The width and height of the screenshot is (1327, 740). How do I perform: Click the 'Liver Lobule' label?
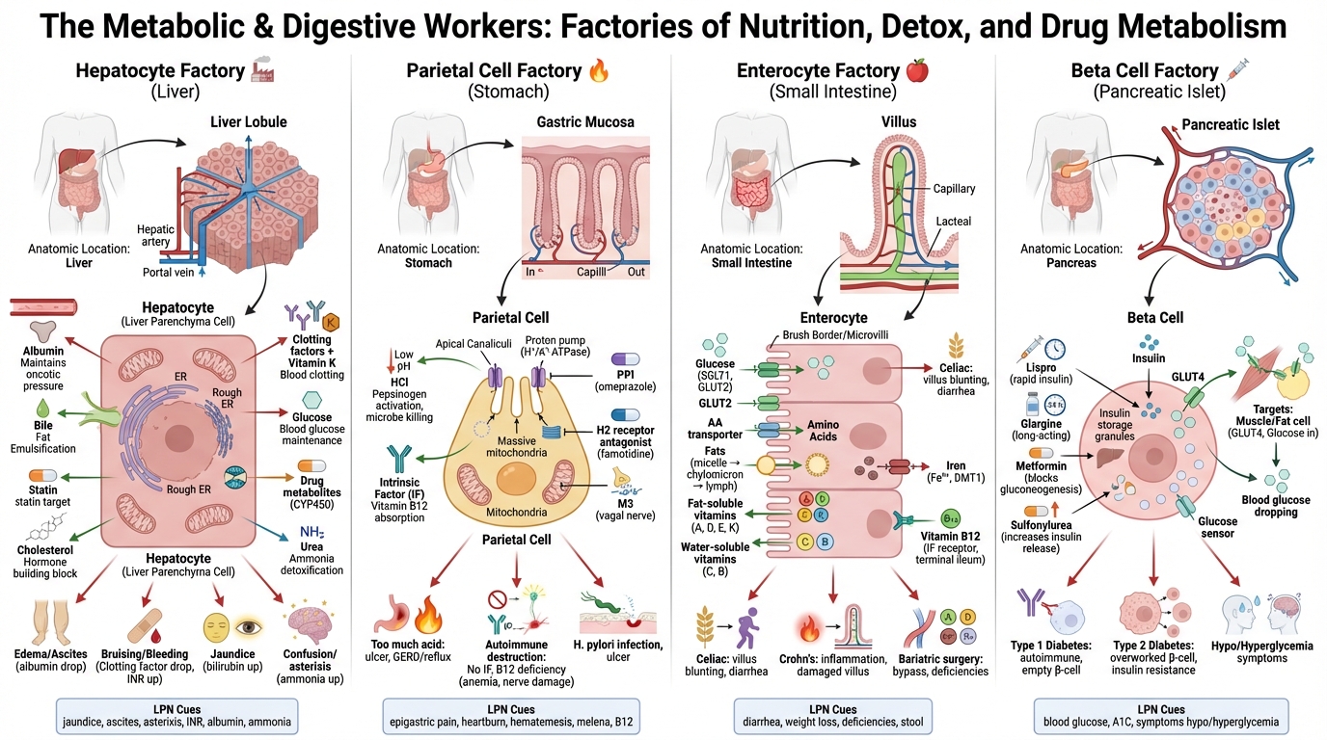pos(248,121)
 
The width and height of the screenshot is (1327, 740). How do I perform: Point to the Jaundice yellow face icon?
pos(217,627)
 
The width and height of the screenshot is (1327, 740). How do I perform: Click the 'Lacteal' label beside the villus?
pos(953,222)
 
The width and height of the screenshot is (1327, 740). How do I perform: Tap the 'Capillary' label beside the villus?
pos(954,189)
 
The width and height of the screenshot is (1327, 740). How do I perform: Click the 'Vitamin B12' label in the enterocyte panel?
pos(951,535)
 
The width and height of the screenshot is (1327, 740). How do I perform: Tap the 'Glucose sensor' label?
pos(1217,527)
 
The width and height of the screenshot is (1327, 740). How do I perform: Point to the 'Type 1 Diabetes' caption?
pos(1056,646)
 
